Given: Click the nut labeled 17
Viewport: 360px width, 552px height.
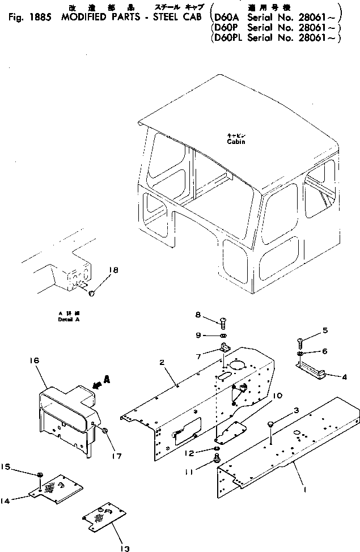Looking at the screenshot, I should pos(105,432).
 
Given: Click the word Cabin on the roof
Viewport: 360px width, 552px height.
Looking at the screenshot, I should pos(236,142).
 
